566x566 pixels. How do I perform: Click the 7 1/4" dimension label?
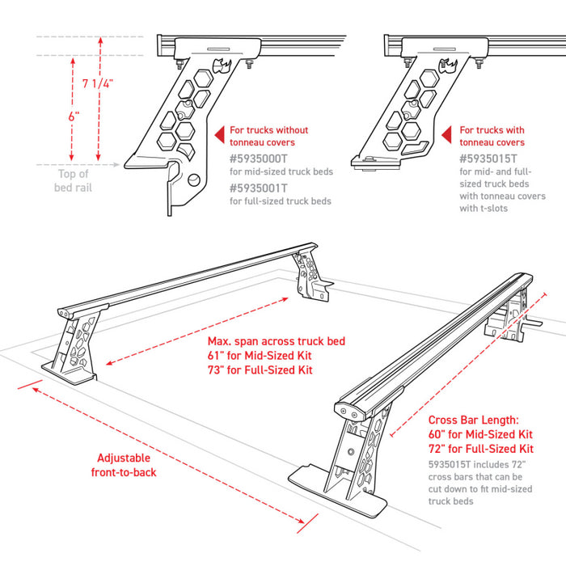click(x=97, y=83)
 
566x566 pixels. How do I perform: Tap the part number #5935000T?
click(x=264, y=158)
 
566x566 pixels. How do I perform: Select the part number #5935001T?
click(x=264, y=188)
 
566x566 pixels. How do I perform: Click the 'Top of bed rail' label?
click(x=73, y=180)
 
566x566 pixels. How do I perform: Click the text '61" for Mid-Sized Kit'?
click(x=257, y=356)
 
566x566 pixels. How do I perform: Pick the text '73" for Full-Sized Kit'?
click(x=257, y=371)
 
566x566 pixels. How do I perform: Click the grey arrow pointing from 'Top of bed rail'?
click(x=113, y=167)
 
